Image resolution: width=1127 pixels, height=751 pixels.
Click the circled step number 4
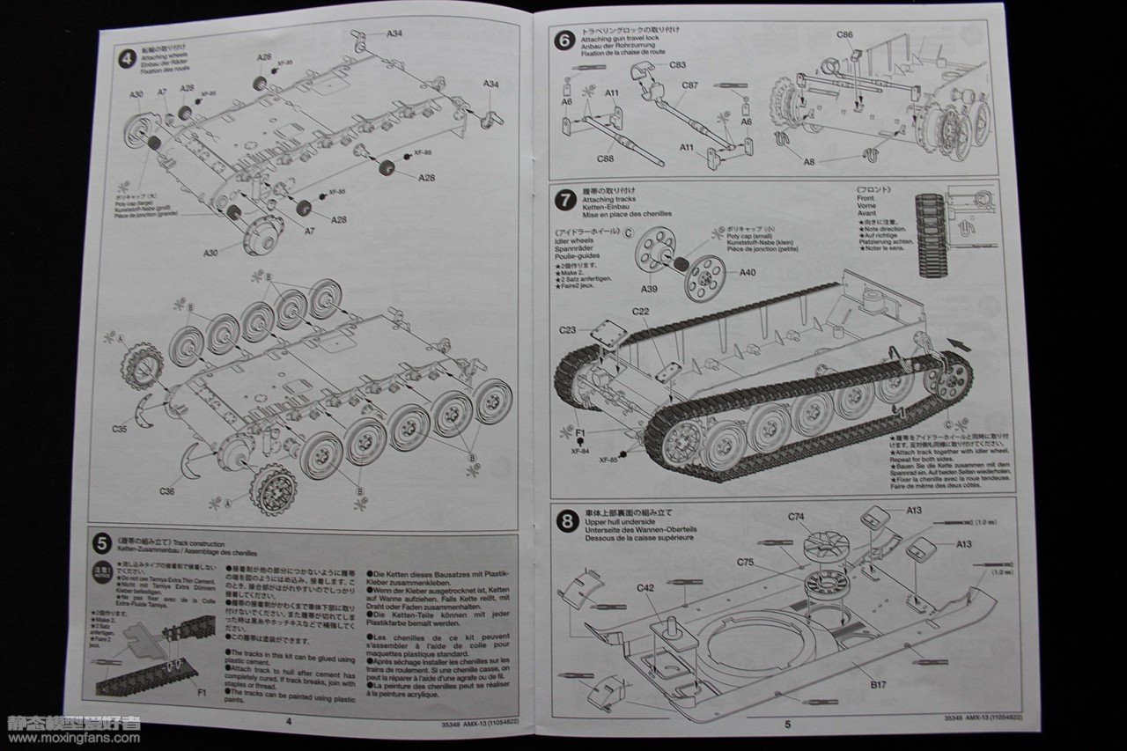pos(129,59)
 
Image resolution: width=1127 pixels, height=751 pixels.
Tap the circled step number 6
pos(564,39)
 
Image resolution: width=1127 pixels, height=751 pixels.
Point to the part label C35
pos(121,431)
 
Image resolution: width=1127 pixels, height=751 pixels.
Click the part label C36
pos(170,491)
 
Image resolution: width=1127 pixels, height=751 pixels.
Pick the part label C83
pos(677,65)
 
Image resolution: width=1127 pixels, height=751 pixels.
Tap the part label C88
pos(605,158)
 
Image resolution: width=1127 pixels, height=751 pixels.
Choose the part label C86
pos(844,34)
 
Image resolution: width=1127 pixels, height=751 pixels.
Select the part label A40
pos(748,273)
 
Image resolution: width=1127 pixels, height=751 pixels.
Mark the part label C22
pos(640,312)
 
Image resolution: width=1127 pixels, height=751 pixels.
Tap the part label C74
pos(796,517)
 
